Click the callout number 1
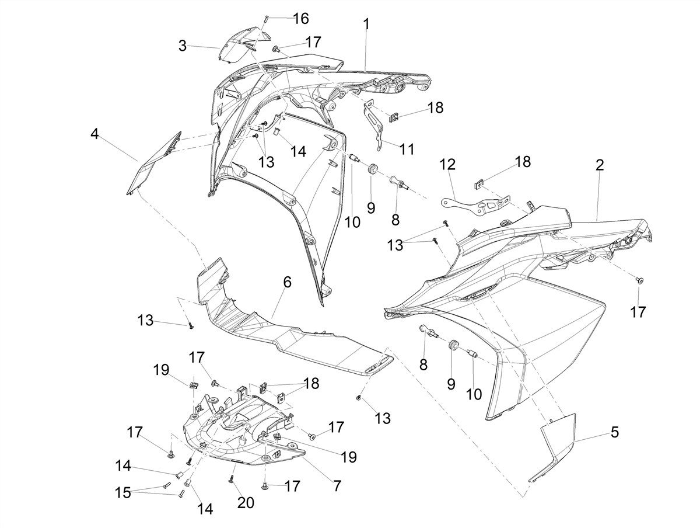tap(367, 25)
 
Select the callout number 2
tap(600, 165)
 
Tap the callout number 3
tap(183, 46)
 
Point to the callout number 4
tap(94, 134)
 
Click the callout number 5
tap(614, 432)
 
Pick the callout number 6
tap(288, 282)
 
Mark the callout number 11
tap(407, 149)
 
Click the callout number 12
tap(447, 165)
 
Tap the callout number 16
tap(301, 19)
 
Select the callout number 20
tap(246, 503)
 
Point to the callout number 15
tap(123, 493)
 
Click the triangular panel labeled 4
tap(154, 163)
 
